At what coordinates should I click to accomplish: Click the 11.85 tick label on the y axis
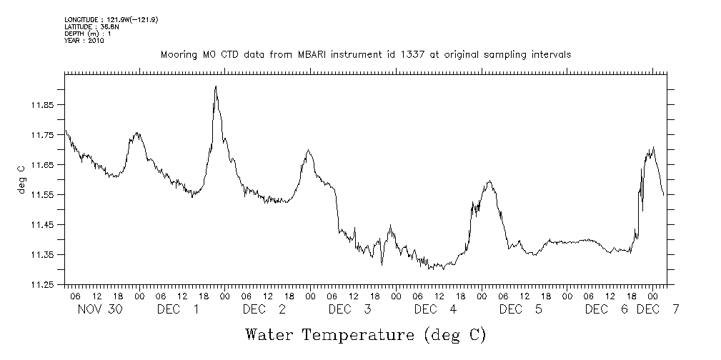click(x=41, y=105)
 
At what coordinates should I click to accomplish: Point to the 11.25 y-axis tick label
click(x=41, y=284)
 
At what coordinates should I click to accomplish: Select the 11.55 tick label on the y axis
click(x=41, y=194)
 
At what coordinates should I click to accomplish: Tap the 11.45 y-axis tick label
click(x=41, y=224)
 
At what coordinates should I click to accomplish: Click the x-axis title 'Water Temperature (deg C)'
click(x=365, y=334)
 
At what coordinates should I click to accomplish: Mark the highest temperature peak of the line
click(x=215, y=86)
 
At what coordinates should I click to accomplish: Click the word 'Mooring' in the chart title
click(x=178, y=54)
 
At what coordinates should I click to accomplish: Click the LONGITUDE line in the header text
click(x=111, y=20)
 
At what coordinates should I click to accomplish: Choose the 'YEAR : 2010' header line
click(x=84, y=41)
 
